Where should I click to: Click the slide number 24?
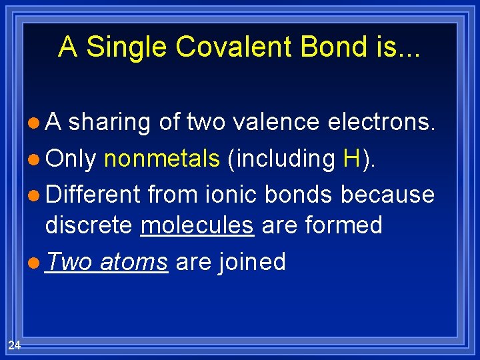point(14,344)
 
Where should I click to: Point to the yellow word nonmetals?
point(162,159)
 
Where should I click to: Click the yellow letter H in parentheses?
point(351,159)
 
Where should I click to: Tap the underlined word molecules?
point(197,225)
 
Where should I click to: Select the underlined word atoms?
point(133,261)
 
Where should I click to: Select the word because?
point(387,194)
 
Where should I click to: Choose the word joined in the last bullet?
point(255,261)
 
